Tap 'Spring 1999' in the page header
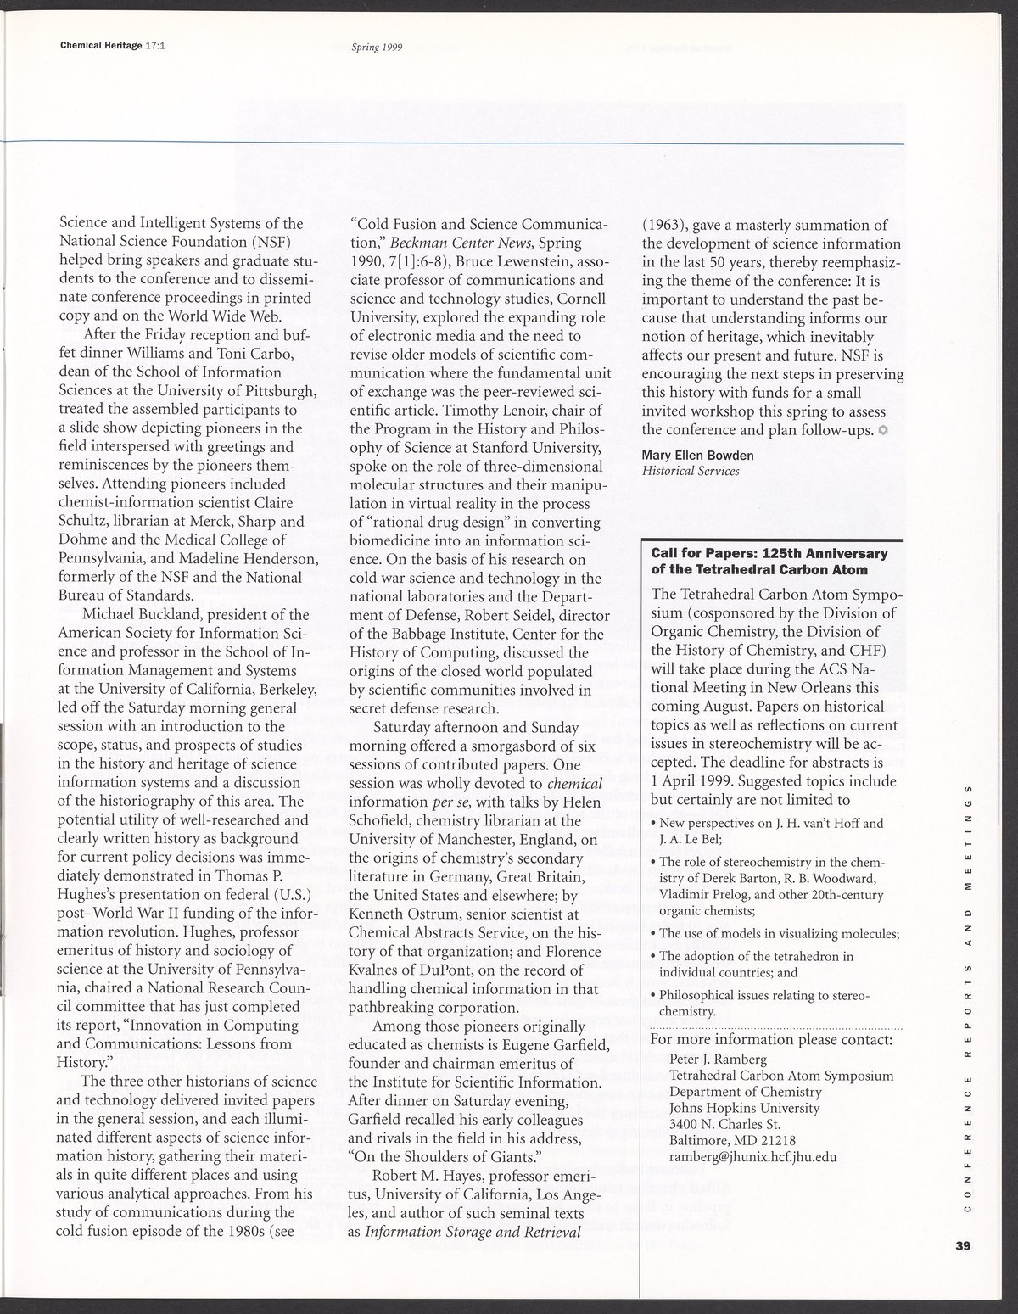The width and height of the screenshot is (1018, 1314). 377,48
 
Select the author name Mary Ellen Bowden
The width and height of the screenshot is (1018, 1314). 697,456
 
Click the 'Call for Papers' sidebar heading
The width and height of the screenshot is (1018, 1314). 769,561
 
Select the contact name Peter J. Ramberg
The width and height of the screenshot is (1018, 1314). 718,1059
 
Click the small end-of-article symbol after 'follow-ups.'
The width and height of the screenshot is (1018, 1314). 883,430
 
